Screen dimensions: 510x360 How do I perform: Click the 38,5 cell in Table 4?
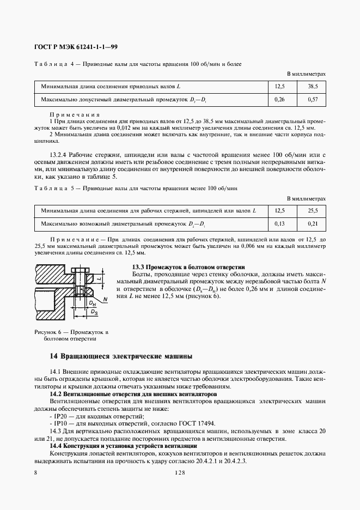[x=313, y=87]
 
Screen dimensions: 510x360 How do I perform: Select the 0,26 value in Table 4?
[x=280, y=100]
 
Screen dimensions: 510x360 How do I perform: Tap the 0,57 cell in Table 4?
[x=313, y=100]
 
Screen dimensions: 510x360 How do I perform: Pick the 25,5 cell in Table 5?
[x=313, y=210]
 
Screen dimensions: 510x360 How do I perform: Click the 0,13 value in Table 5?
[x=280, y=223]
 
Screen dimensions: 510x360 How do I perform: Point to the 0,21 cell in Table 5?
[x=313, y=223]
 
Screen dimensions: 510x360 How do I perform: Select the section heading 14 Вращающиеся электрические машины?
[x=120, y=357]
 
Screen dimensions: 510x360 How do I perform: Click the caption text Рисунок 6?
[x=53, y=332]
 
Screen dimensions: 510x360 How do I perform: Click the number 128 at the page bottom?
[x=180, y=473]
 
